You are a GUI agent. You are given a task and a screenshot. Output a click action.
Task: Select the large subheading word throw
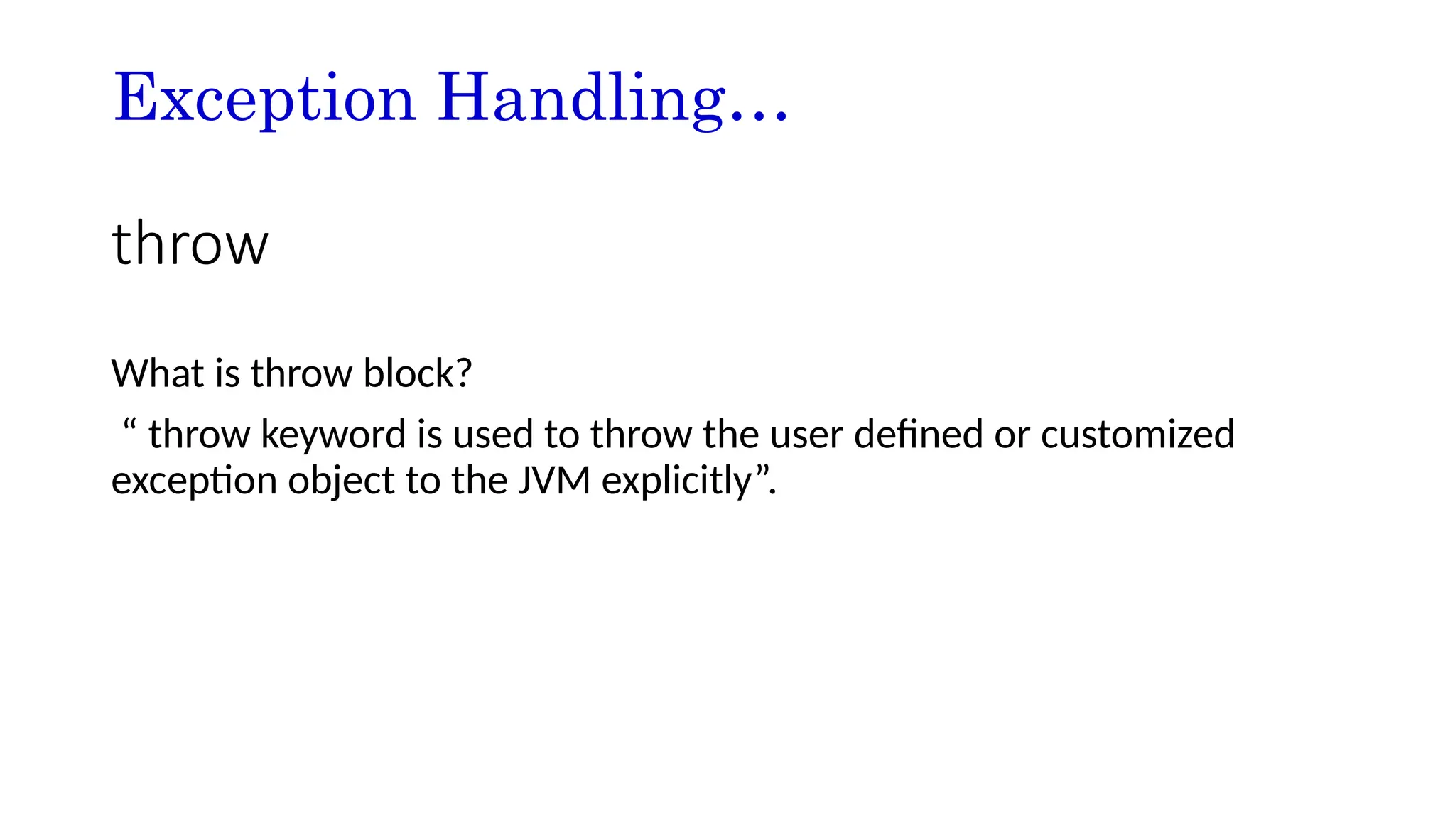(190, 244)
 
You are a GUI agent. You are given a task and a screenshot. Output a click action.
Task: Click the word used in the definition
(492, 434)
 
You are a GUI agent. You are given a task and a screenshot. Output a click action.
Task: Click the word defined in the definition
(918, 434)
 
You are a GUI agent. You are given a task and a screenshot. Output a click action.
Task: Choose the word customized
(1137, 434)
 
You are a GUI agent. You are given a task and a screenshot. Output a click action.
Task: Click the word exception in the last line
(193, 481)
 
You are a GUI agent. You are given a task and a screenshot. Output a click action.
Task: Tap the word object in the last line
(340, 481)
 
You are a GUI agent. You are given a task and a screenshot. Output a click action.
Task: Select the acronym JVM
(554, 481)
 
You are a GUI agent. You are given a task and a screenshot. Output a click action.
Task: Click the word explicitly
(676, 481)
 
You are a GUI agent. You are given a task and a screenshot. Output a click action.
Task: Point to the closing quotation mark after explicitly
(762, 470)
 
